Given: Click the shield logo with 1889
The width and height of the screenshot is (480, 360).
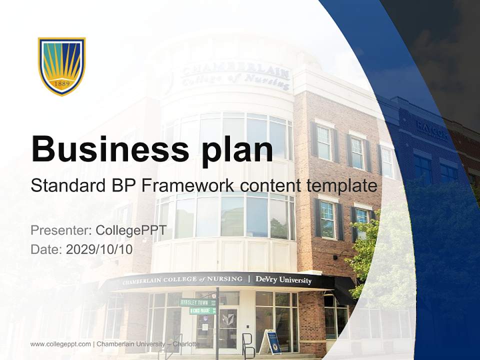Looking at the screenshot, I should [x=62, y=65].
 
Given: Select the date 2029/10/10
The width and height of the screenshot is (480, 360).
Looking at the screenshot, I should [x=99, y=249].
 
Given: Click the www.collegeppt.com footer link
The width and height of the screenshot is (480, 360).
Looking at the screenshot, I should [x=60, y=344].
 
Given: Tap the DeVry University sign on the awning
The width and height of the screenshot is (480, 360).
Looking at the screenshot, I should [x=283, y=280].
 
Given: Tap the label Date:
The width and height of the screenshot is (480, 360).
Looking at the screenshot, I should [x=46, y=249].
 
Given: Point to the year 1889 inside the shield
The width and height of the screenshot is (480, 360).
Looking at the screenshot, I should [x=61, y=84].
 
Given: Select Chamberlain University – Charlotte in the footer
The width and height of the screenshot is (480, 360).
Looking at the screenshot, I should [x=148, y=344].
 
